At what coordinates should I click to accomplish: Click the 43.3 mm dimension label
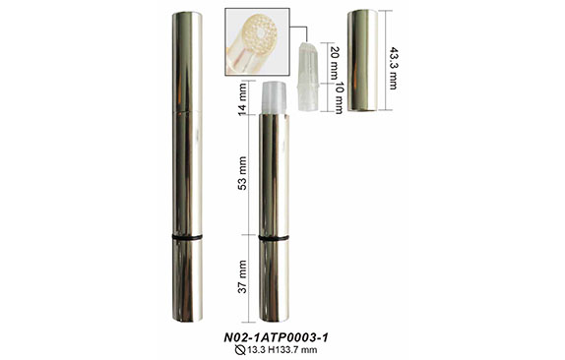click(x=393, y=68)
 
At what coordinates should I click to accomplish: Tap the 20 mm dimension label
click(x=334, y=63)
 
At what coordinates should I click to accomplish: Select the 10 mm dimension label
click(x=339, y=98)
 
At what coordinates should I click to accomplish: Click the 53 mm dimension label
click(x=242, y=173)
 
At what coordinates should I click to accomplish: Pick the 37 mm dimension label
click(x=242, y=276)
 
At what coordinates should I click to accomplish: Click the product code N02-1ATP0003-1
click(x=276, y=337)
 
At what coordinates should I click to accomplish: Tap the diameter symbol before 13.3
click(x=240, y=349)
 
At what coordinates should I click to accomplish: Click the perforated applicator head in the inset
click(x=259, y=34)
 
